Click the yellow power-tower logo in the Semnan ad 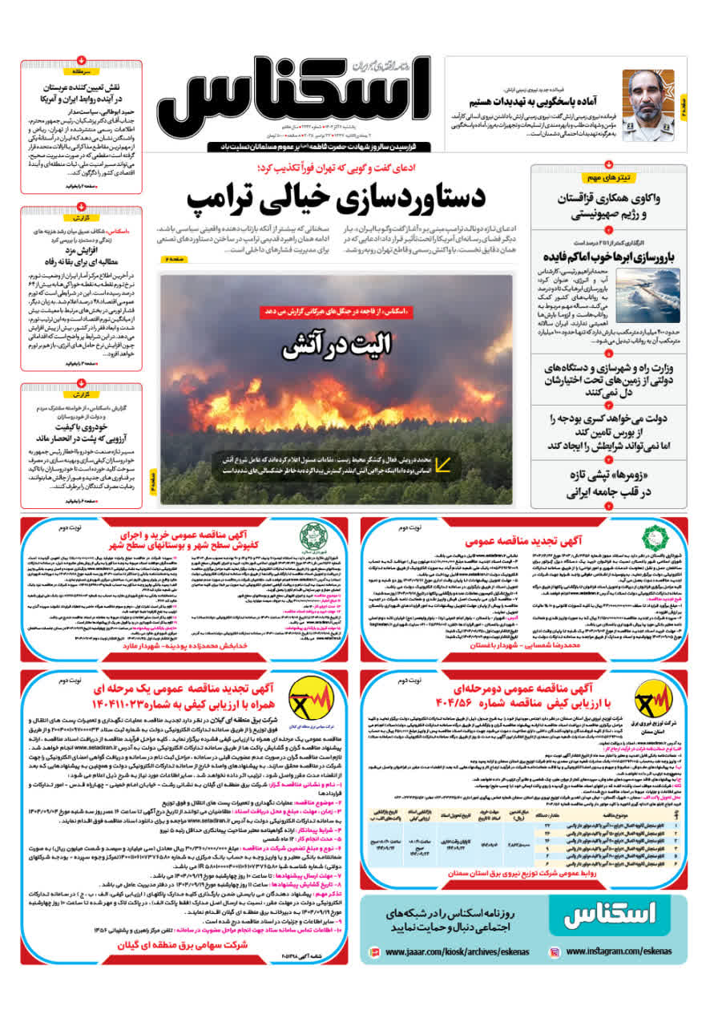[x=649, y=697]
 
